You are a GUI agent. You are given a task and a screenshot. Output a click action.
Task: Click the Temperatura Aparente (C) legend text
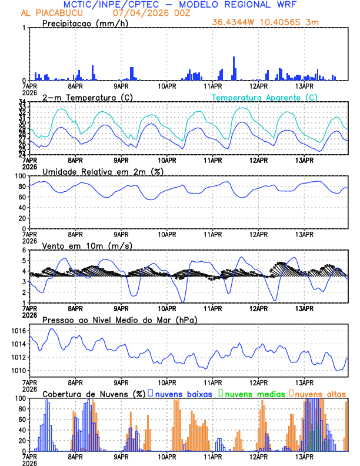[x=264, y=97]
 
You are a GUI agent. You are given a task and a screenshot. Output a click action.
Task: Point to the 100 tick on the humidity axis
[x=19, y=176]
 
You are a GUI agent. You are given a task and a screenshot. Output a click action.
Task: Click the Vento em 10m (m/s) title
[x=87, y=245]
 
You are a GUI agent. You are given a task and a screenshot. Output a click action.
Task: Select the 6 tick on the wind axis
[x=24, y=250]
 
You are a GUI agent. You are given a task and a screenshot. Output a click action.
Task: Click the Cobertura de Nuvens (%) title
[x=94, y=393]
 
